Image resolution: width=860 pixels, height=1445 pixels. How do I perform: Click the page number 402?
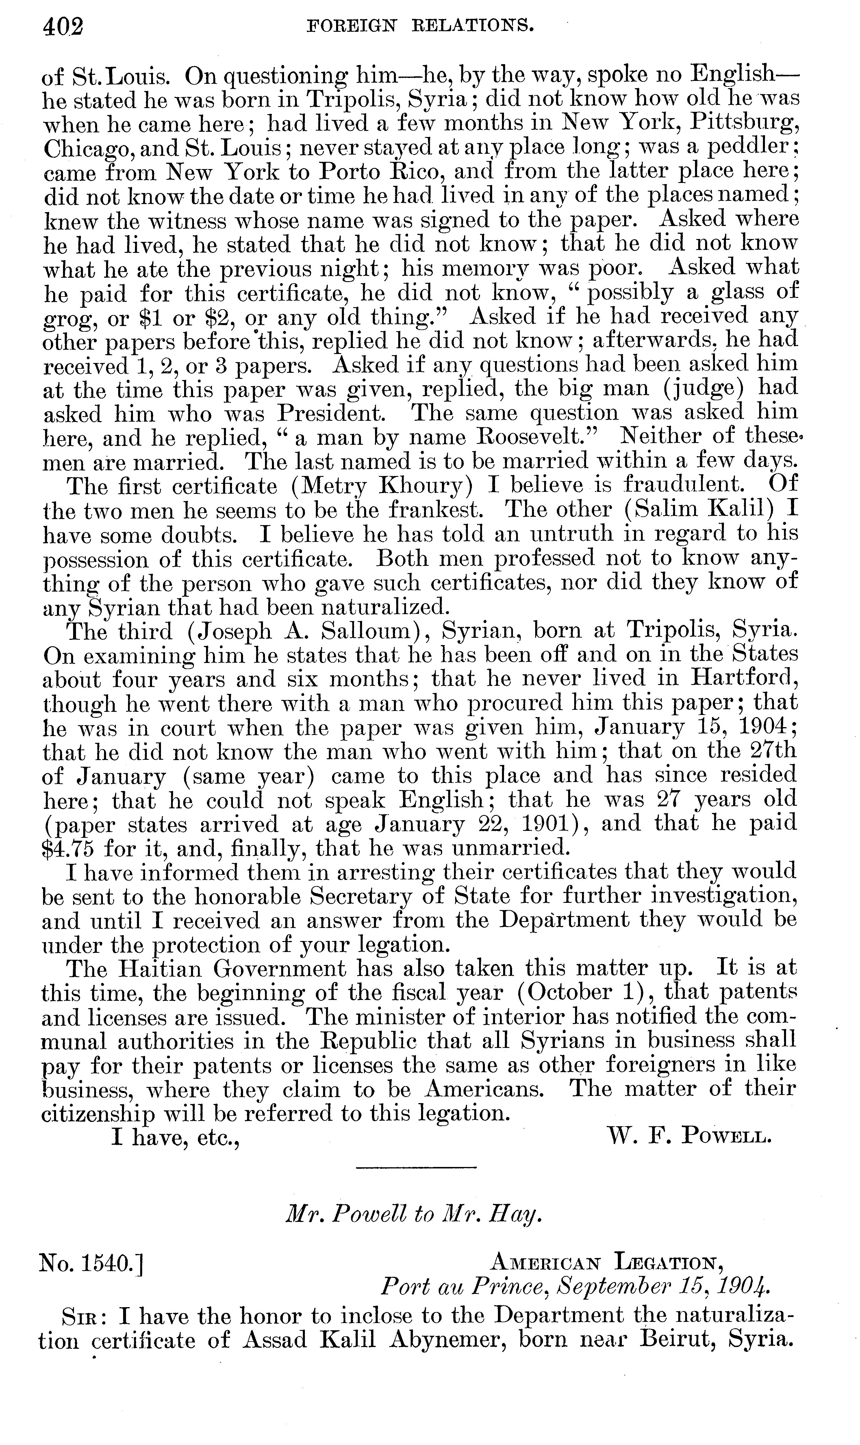(x=63, y=27)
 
